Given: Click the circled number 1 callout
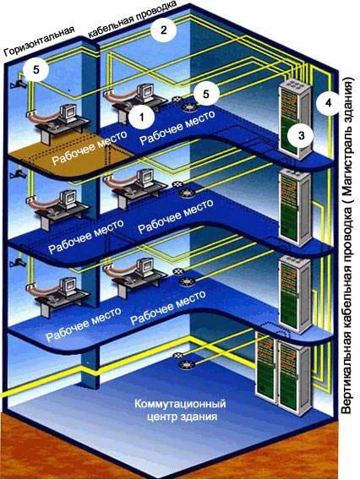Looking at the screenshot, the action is point(141,117).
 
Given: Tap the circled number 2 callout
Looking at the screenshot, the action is point(163,30).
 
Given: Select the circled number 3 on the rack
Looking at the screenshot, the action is point(301,135).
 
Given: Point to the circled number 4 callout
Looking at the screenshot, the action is point(328,103).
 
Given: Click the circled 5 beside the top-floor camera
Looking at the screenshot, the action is point(36,70).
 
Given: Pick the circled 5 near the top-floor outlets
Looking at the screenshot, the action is point(206,94).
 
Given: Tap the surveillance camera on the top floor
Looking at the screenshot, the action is point(19,83).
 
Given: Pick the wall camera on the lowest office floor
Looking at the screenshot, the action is point(18,262).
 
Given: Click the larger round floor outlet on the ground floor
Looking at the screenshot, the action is point(187,364).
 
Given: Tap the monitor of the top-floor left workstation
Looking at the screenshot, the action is point(68,113).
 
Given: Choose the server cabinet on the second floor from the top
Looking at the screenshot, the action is point(295,207).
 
